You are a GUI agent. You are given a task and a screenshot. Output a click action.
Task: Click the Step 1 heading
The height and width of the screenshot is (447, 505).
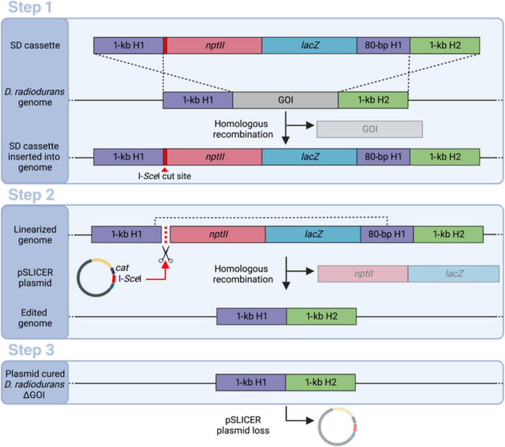(x=35, y=9)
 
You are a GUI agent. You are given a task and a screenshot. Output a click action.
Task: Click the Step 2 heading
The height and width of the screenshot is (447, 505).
(x=35, y=195)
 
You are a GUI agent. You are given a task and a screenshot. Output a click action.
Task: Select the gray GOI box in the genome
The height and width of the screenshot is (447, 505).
(x=285, y=100)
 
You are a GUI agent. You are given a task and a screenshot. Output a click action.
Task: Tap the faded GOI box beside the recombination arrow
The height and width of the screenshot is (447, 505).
(x=369, y=129)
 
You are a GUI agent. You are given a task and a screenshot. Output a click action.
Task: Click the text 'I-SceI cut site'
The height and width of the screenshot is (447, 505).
(x=164, y=178)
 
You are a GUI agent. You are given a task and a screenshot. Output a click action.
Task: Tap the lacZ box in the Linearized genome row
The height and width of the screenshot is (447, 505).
(x=312, y=233)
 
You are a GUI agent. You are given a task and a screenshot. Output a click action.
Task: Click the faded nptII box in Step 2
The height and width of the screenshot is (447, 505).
(x=362, y=274)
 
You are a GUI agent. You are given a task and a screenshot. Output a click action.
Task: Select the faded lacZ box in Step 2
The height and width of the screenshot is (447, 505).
(x=453, y=274)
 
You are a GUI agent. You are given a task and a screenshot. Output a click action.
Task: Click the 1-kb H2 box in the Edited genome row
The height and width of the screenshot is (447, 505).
(x=321, y=316)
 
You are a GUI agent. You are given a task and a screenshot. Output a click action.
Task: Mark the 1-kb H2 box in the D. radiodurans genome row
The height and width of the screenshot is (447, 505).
(x=372, y=100)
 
